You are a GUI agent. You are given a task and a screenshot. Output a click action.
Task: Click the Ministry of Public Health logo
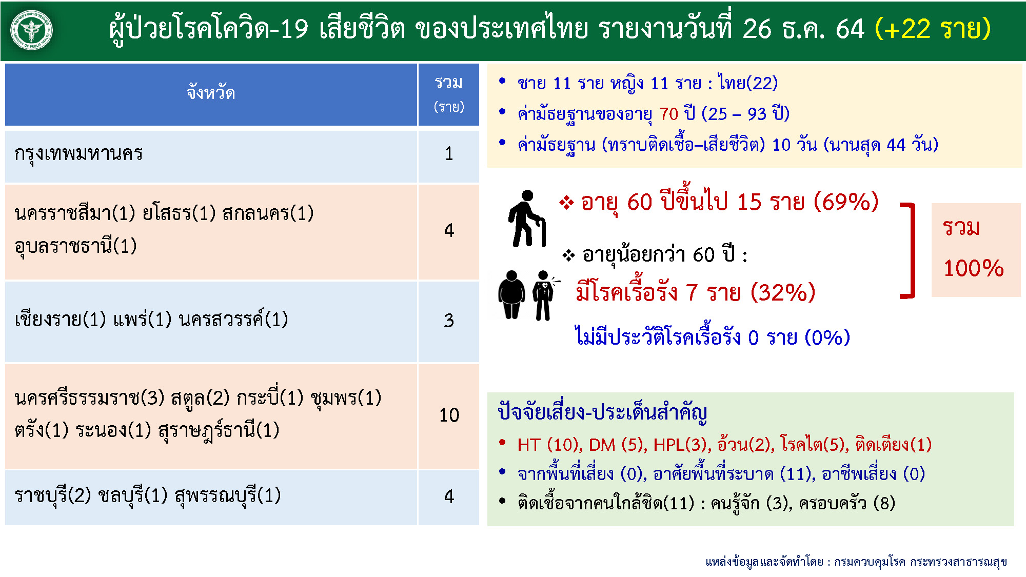point(32,31)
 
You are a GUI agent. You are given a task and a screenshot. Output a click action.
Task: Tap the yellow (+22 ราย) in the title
point(933,29)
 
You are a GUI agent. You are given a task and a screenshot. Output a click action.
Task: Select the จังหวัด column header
point(211,93)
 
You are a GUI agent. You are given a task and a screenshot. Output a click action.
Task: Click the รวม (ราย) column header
point(449,94)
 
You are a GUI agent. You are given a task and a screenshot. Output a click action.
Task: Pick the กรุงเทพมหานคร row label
point(78,153)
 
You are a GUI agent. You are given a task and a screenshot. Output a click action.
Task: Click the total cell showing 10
point(449,415)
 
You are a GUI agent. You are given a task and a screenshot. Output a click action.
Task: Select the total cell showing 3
point(449,321)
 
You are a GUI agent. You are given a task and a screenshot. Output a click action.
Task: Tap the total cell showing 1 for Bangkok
point(449,153)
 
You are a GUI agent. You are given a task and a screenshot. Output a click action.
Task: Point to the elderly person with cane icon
point(527,218)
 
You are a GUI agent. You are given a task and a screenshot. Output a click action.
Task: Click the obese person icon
point(511,295)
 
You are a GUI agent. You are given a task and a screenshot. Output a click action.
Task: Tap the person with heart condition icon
point(544,295)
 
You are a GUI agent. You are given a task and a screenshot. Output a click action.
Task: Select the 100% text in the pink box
point(973,268)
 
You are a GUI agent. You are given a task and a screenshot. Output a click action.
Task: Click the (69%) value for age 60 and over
point(846,202)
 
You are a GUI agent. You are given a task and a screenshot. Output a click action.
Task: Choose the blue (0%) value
point(827,337)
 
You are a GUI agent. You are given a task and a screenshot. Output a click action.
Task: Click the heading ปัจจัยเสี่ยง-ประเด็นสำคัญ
point(602,412)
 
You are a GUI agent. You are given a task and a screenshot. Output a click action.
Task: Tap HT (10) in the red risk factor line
point(548,445)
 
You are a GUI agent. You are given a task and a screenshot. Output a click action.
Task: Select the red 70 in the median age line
point(668,114)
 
